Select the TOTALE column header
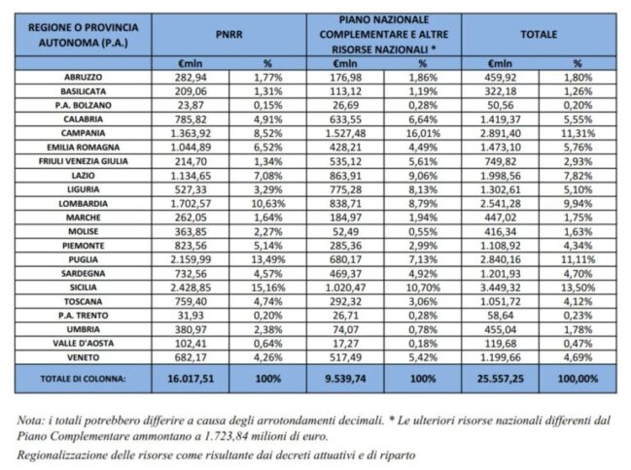[x=538, y=33]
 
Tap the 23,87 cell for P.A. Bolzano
[x=197, y=101]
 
